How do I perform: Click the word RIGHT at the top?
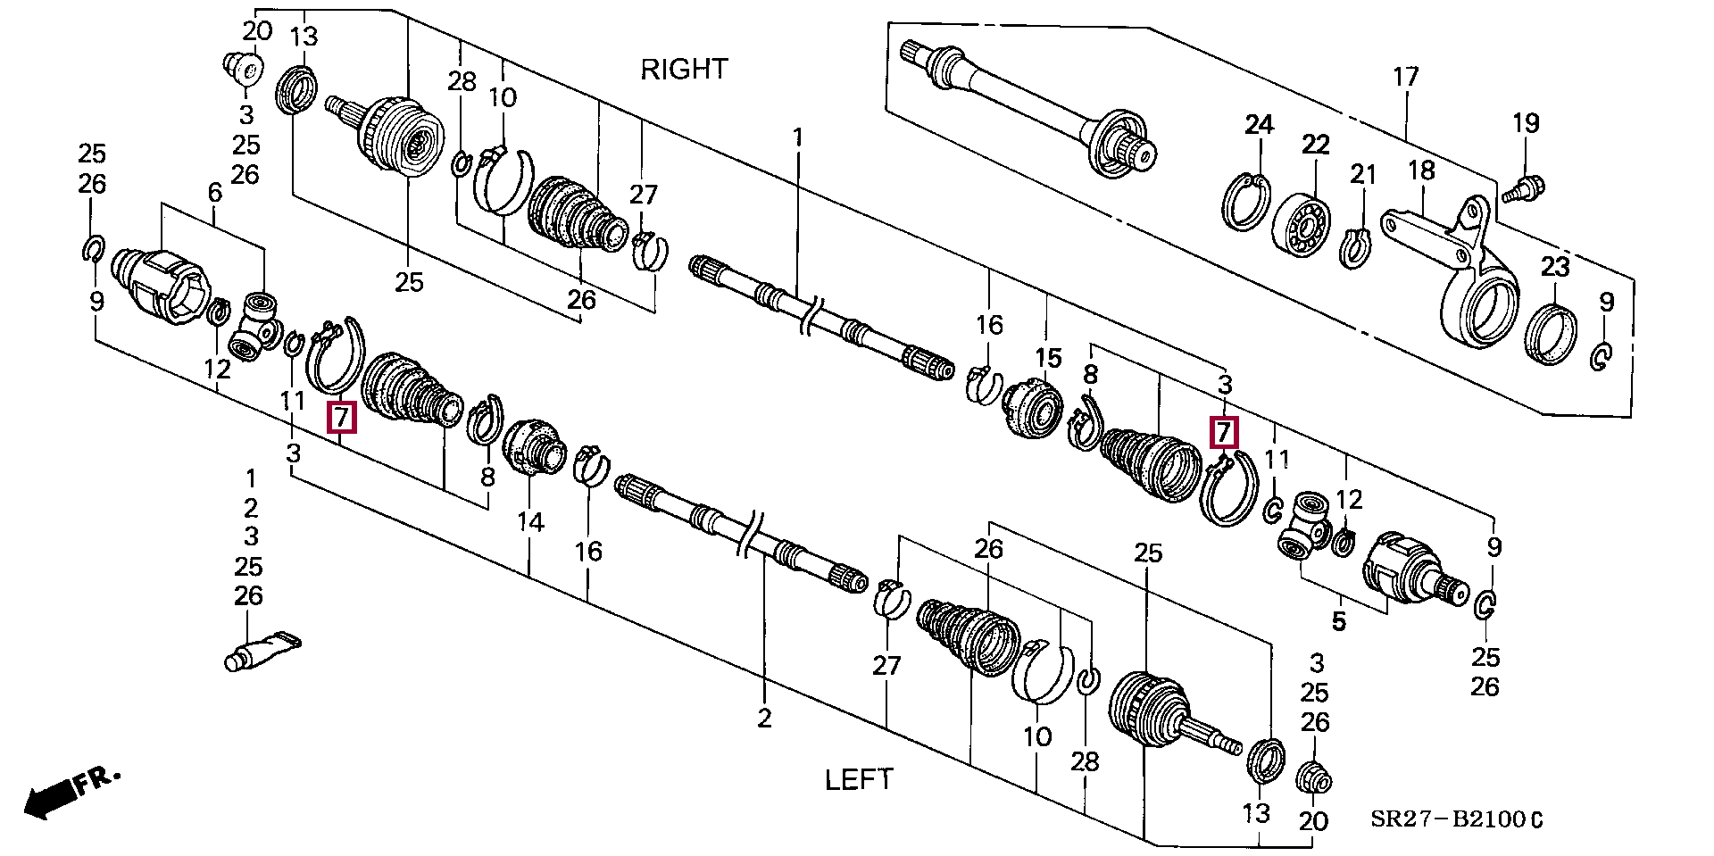click(x=684, y=69)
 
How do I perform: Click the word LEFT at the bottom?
click(x=858, y=779)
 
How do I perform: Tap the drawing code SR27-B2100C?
click(x=1456, y=819)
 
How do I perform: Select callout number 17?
click(x=1405, y=77)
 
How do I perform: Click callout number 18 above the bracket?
click(x=1420, y=170)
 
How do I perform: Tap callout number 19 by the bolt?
click(x=1526, y=123)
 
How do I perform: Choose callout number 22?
click(x=1315, y=145)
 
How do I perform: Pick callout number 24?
click(x=1259, y=125)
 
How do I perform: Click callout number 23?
click(x=1554, y=266)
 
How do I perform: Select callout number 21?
click(x=1362, y=175)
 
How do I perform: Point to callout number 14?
click(x=530, y=521)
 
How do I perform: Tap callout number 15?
click(x=1048, y=359)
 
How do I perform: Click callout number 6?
click(x=213, y=191)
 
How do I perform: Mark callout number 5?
click(x=1337, y=620)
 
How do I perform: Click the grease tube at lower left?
click(x=259, y=652)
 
